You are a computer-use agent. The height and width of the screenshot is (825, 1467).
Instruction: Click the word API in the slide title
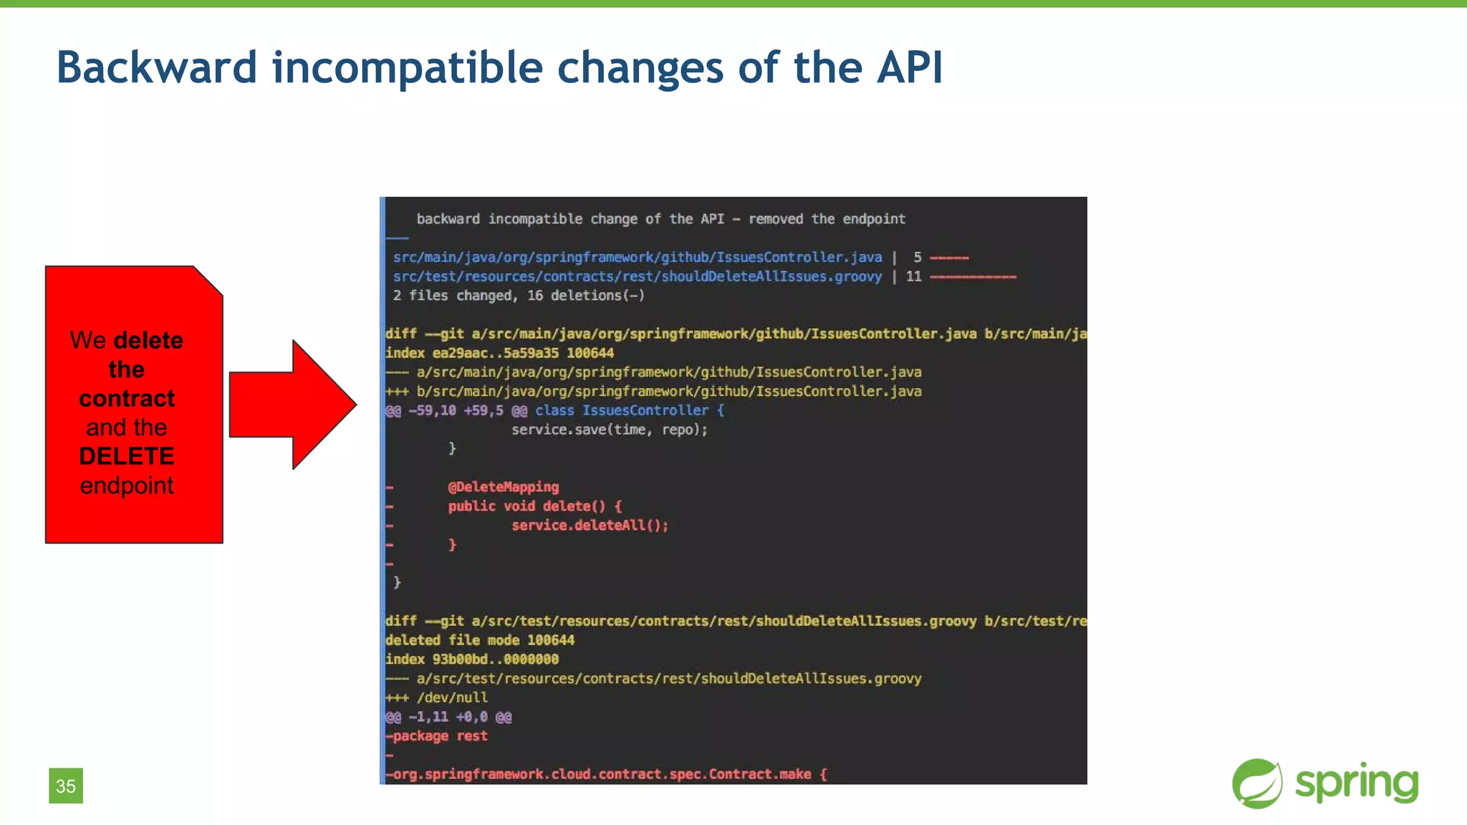pos(910,67)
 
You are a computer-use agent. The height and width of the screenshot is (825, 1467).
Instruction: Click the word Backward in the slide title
pos(156,67)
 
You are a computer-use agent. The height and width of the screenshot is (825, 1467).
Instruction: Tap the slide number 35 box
pos(66,786)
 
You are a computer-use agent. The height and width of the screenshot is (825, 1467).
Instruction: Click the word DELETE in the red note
pos(127,456)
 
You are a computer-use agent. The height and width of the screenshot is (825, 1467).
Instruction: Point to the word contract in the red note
pos(127,398)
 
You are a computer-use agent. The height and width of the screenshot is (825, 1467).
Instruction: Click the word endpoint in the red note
pos(127,486)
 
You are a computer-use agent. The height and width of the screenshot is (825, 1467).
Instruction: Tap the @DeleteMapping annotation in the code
pos(503,487)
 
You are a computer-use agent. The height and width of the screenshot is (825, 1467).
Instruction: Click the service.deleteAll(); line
pos(590,526)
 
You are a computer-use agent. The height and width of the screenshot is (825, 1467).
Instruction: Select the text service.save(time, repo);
pos(609,430)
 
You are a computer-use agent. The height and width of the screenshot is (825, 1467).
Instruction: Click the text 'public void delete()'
pos(526,506)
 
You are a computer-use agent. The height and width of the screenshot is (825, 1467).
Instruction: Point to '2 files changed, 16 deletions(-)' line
pos(519,296)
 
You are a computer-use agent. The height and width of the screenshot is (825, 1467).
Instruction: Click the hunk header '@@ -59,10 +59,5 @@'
pos(456,410)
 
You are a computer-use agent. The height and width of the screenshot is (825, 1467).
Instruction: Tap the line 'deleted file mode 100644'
pos(480,640)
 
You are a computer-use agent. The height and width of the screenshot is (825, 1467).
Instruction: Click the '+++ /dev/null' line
pos(437,698)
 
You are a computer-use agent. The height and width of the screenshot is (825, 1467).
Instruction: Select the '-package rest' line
pos(437,736)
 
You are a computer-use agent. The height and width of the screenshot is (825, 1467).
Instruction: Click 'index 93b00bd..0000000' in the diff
pos(472,660)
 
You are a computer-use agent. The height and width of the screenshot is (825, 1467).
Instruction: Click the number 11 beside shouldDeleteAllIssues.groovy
pos(913,276)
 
